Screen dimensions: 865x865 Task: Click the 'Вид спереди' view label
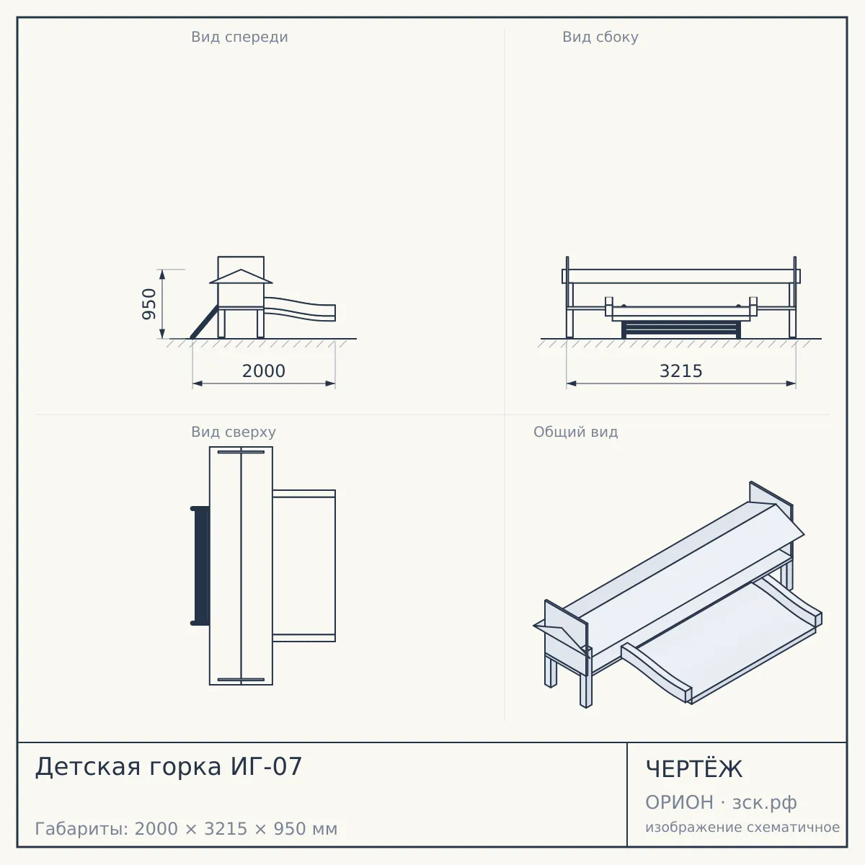click(239, 37)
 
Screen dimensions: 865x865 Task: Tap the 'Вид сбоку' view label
click(600, 37)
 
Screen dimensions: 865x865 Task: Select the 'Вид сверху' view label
click(234, 432)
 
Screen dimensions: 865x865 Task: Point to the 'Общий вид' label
click(575, 432)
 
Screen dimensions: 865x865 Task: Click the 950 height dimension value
click(148, 304)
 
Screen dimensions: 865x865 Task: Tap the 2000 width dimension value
click(264, 371)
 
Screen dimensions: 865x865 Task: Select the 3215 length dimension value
click(680, 371)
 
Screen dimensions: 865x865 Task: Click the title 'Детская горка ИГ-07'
click(169, 766)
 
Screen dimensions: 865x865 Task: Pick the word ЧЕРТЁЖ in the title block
click(693, 769)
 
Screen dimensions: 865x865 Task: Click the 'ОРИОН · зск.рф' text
click(720, 802)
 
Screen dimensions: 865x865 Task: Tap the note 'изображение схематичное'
click(742, 827)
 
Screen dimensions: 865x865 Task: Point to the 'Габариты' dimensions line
click(186, 829)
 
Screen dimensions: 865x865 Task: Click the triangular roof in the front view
click(241, 277)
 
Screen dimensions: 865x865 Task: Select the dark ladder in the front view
click(205, 321)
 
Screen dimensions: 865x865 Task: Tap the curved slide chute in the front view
click(300, 309)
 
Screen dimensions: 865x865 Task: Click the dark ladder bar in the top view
click(200, 566)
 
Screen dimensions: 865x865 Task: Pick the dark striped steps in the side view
click(680, 329)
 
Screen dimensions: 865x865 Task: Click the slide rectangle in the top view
click(304, 566)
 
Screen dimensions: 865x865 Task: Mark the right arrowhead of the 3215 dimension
click(791, 383)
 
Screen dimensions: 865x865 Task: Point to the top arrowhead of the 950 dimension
click(162, 274)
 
